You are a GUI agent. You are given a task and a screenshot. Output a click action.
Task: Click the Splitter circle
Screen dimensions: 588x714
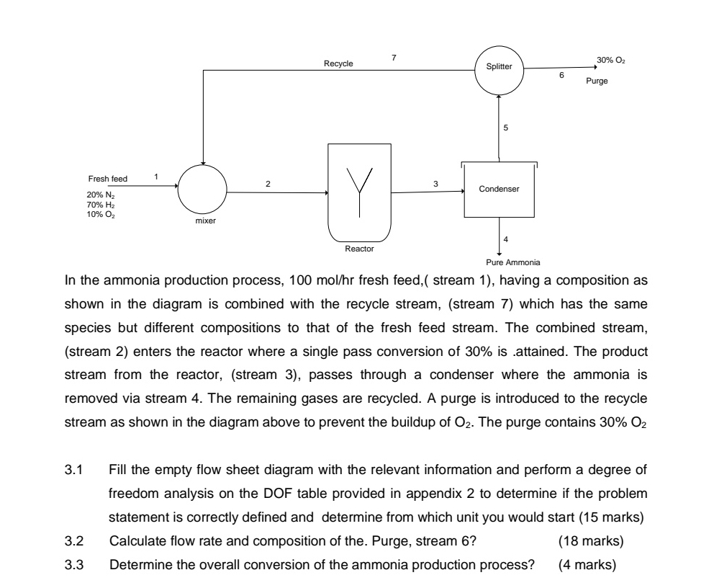point(499,67)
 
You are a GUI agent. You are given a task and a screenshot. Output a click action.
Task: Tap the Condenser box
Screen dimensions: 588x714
point(499,190)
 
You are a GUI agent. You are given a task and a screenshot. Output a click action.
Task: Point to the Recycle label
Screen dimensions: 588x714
point(338,63)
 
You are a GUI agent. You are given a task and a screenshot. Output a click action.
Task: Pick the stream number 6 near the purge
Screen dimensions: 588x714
point(561,75)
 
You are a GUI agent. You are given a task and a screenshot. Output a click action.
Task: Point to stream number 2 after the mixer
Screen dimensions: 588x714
point(268,184)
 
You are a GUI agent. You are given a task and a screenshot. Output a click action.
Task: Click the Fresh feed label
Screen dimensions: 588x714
point(107,179)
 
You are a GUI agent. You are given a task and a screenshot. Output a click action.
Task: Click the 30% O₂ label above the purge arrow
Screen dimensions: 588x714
point(610,59)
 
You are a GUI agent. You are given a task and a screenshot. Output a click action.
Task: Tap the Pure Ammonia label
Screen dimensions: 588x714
point(503,263)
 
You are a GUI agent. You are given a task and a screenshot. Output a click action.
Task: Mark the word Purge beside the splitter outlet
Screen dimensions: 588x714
point(596,81)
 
